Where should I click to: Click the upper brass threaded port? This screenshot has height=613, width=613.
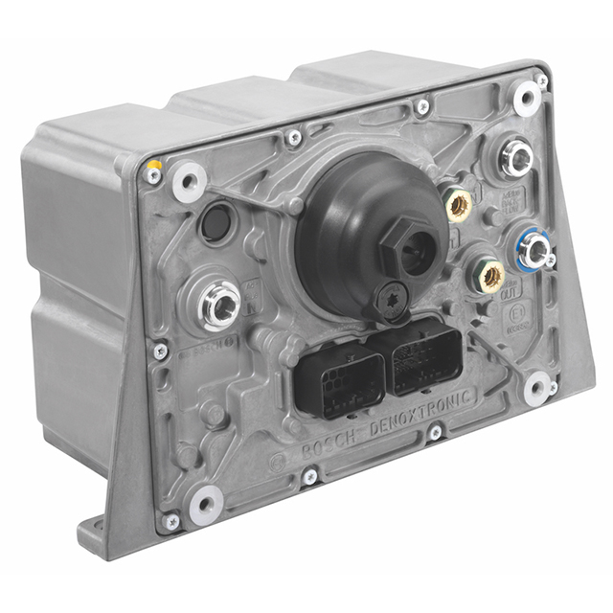tap(460, 203)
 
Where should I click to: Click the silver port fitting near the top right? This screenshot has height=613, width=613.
tap(517, 158)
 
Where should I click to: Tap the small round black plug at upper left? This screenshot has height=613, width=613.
tap(215, 223)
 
